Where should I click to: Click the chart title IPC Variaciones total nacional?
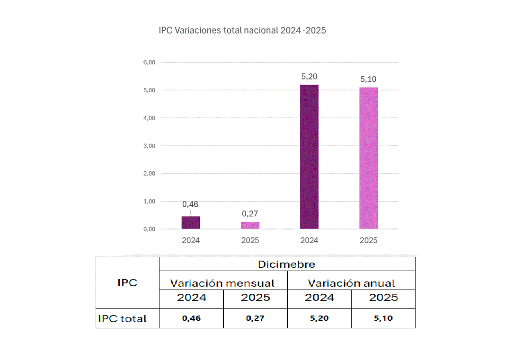[242, 31]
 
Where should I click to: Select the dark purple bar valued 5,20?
[309, 157]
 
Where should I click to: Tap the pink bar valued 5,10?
[368, 158]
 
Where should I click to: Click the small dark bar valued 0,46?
[191, 222]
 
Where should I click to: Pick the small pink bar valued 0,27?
[250, 225]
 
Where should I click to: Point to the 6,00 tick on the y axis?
[149, 62]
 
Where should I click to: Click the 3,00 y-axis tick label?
[149, 146]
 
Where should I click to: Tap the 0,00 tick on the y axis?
[149, 229]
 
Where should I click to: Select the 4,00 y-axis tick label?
[149, 118]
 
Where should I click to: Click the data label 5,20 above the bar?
[309, 77]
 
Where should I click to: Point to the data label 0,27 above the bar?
[250, 213]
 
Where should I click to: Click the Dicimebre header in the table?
[286, 264]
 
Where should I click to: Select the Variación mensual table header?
[222, 283]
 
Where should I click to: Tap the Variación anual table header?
[351, 283]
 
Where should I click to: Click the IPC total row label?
[122, 319]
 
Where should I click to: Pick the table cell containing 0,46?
[191, 318]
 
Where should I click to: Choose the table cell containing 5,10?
[383, 318]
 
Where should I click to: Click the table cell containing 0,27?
[255, 318]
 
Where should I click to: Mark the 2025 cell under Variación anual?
[383, 298]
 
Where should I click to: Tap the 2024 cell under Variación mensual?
[191, 298]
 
